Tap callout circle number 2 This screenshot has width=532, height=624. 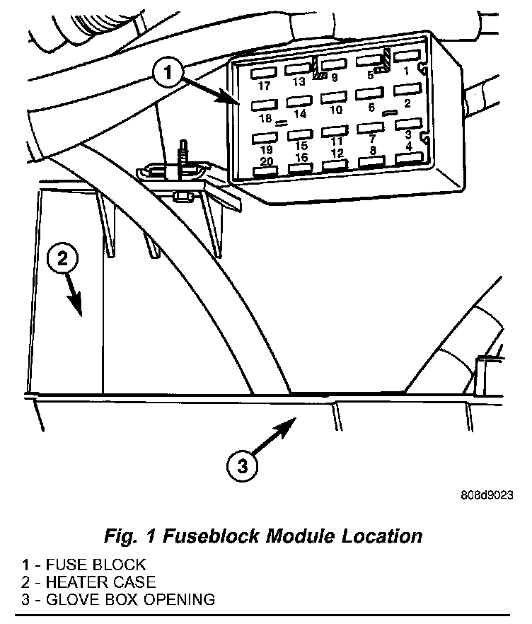[x=62, y=259]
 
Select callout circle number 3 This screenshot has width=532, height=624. [x=242, y=466]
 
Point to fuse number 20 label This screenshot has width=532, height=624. [x=266, y=161]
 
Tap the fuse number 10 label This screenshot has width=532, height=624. [x=336, y=110]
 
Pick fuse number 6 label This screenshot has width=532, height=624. [x=371, y=108]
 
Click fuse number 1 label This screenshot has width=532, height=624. [x=406, y=71]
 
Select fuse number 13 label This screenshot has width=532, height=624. [x=299, y=81]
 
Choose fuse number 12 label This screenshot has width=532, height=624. [x=337, y=153]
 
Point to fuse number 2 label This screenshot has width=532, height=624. [x=406, y=103]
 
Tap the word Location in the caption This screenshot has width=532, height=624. [x=381, y=536]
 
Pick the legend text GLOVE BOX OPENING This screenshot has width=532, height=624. [x=128, y=600]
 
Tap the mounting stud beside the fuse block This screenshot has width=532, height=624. [x=185, y=153]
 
